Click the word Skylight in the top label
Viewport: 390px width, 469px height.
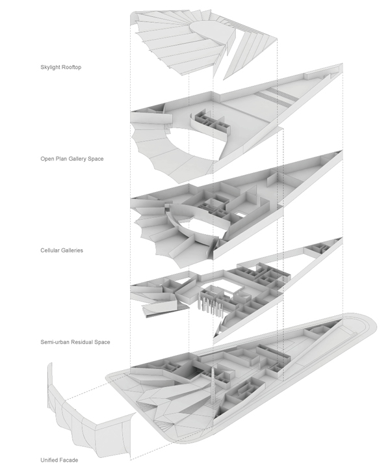[49, 67]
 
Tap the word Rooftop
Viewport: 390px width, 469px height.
[71, 67]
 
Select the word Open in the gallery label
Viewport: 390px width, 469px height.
[46, 159]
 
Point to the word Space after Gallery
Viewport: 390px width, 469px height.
[96, 159]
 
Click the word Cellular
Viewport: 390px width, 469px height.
[50, 250]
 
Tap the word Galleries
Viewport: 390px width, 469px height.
[72, 250]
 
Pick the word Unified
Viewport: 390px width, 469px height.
[49, 460]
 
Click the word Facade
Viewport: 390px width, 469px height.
[69, 460]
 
